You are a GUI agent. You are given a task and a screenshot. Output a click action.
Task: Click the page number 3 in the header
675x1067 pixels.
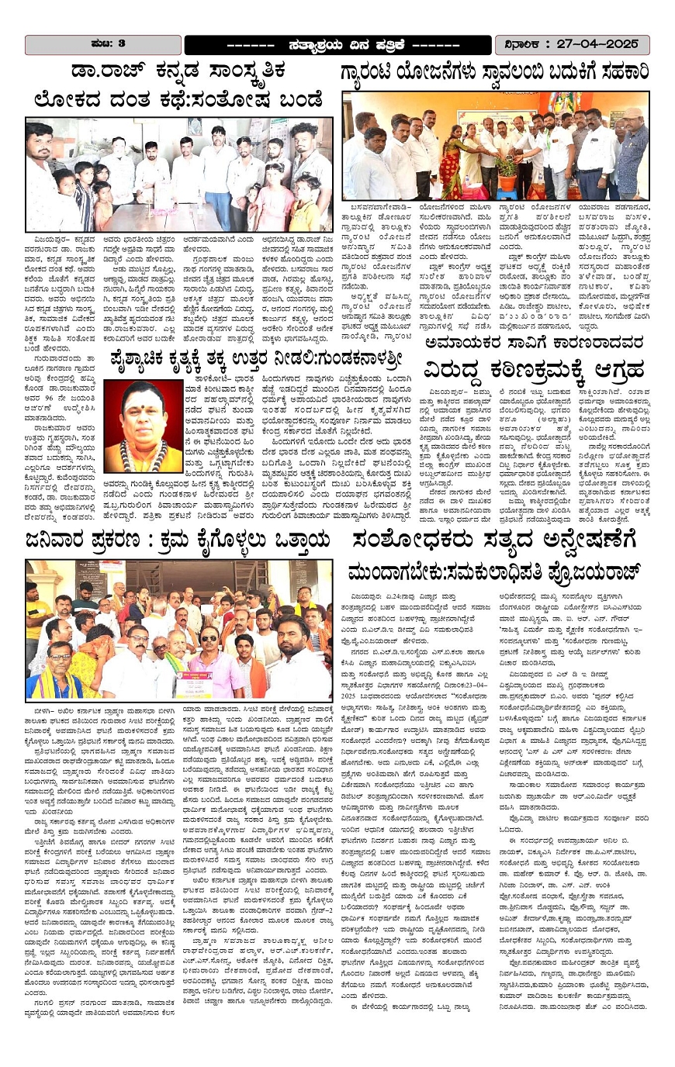123,43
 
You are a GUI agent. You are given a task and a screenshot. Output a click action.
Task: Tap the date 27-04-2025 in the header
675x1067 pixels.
593,43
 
